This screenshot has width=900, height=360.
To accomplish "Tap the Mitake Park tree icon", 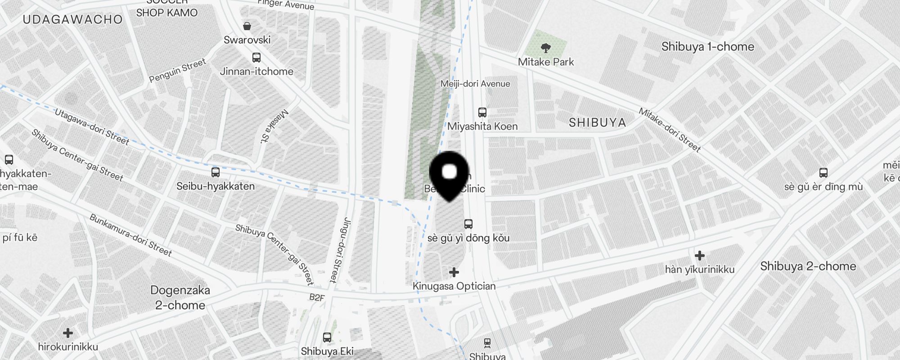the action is tap(545, 47).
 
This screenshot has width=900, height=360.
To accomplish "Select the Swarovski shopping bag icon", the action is tap(247, 26).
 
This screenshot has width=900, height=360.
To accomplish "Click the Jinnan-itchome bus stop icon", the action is tap(256, 58).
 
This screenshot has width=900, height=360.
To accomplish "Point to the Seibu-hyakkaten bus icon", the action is tap(216, 172).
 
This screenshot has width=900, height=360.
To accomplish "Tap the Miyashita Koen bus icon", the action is tap(482, 112).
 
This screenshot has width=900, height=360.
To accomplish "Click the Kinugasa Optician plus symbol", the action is tap(454, 272).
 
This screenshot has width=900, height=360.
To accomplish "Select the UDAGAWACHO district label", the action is tap(72, 19).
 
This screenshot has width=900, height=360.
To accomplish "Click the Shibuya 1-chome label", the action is tap(707, 47).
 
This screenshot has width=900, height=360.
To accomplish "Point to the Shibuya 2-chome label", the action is tap(808, 266).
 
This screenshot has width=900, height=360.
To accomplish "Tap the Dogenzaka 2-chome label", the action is tap(180, 297).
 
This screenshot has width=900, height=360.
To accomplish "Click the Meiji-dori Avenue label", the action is tap(475, 84).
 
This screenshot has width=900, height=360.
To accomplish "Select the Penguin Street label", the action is tap(177, 71).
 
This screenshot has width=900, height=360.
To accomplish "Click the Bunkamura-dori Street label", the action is tap(130, 235).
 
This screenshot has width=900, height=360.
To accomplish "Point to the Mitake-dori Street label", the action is tap(670, 130).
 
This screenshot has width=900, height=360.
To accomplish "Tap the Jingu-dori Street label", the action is tap(340, 250).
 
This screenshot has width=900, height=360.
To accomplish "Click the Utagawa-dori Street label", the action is tap(92, 127).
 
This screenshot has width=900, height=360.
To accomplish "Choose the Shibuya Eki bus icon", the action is tap(327, 337).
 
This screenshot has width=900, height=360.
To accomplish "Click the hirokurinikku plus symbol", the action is tap(68, 333).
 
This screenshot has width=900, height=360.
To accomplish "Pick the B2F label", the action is tap(317, 297).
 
